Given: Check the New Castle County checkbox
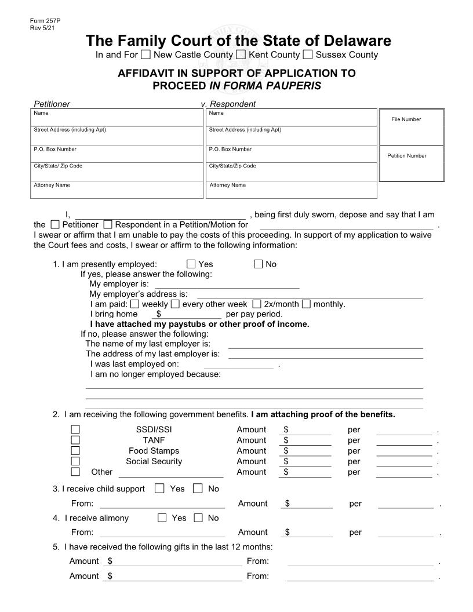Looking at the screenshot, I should [146, 55].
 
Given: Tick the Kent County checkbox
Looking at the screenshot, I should [241, 55].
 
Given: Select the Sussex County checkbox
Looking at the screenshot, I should [308, 55].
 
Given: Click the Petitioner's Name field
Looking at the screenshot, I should [118, 118].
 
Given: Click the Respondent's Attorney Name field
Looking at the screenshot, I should [291, 190].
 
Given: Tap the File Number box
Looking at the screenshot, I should [411, 128].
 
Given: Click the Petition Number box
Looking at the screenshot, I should [411, 164].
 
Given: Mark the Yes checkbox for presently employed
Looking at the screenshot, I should [191, 264].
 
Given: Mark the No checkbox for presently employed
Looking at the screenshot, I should [259, 264].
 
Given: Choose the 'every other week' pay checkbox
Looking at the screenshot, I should [175, 304].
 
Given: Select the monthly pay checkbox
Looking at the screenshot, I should [306, 304].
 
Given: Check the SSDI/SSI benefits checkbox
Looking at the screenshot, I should [75, 430].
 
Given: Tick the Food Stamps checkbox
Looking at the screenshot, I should [75, 451].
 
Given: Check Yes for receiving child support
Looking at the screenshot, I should [160, 489].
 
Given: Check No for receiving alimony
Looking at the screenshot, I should [199, 518].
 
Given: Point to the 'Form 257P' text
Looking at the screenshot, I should [45, 21].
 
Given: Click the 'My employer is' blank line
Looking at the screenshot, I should [227, 284].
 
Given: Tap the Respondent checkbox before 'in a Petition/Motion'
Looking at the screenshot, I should [108, 224].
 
